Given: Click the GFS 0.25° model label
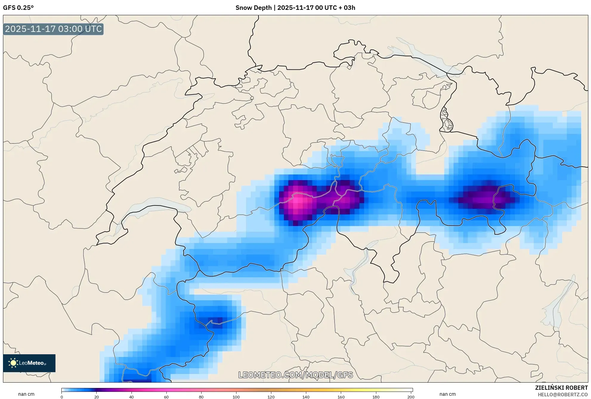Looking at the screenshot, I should pos(18,8).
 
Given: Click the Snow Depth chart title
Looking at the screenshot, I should pos(295,8).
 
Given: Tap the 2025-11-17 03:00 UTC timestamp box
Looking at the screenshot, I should pos(53,29).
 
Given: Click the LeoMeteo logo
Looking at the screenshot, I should pos(29,363).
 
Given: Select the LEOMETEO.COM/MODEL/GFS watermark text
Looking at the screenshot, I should pos(295,375).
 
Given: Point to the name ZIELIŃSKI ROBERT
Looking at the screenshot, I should pos(561,388).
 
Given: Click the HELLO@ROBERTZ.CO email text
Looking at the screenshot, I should pos(563,395).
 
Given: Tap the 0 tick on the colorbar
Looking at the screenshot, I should pos(62,397).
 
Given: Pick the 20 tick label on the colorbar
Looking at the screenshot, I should pos(97,397).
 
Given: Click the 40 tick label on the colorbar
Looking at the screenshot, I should pos(131,397).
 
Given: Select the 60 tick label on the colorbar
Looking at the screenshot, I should pos(166,397).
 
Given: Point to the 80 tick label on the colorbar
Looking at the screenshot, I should pos(201,397).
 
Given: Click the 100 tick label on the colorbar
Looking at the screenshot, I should pos(236,397).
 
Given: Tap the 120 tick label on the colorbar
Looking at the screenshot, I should pos(271,397).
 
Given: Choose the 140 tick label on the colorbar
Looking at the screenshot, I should pos(306,397).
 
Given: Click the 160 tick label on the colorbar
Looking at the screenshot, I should pos(341,397).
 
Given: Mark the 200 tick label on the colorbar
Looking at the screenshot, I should pos(411,397).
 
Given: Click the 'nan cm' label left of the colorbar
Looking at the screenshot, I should pos(26,394).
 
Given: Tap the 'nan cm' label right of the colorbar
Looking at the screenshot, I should pos(447,394).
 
